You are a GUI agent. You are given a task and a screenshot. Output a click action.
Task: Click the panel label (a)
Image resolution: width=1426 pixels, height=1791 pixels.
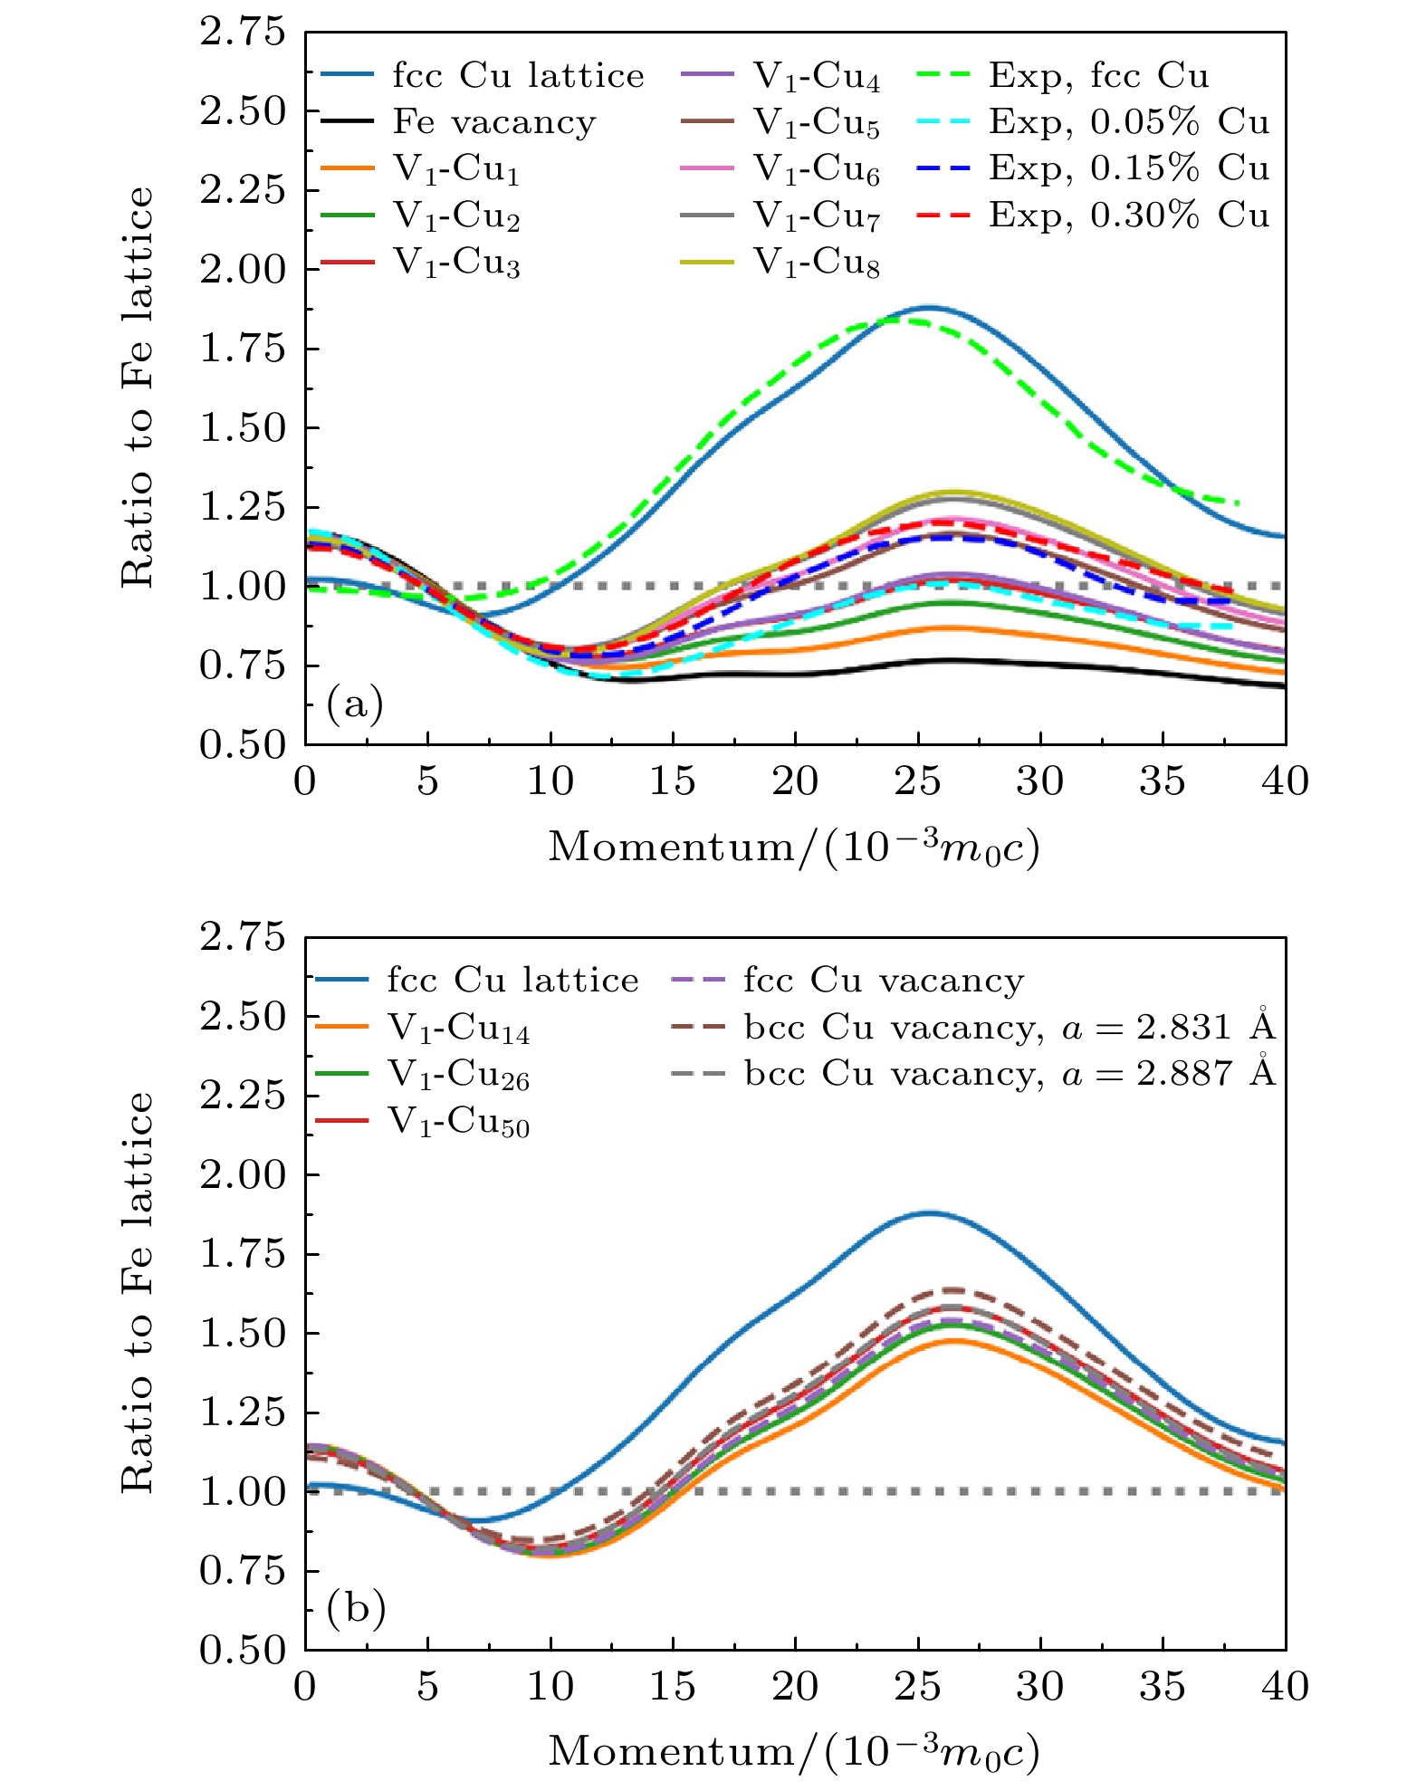click(x=355, y=704)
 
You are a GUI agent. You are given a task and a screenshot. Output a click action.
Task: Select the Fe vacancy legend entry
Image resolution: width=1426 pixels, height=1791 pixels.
click(x=493, y=122)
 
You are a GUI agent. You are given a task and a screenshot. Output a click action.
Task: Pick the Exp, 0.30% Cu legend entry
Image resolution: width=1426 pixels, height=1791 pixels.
click(x=1128, y=215)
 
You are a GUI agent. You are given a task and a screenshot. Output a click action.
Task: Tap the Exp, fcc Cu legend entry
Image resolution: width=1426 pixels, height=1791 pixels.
click(x=1098, y=76)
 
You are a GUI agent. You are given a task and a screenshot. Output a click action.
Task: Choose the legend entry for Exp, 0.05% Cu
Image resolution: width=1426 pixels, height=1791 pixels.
click(x=1128, y=122)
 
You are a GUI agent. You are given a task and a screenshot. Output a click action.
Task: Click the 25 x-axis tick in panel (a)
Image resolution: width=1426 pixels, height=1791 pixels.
click(x=918, y=781)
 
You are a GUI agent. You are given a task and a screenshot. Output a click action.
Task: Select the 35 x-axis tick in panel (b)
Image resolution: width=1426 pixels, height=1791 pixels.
click(x=1163, y=1685)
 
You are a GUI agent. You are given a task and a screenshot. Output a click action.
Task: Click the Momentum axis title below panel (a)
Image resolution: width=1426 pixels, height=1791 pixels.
click(x=794, y=848)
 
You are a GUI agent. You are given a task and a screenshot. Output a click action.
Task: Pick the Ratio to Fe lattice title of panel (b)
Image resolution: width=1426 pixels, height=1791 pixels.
click(x=138, y=1293)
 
